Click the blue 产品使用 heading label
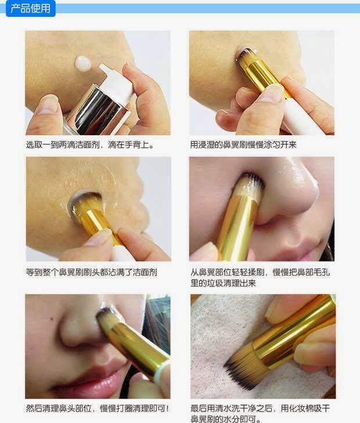pos(31,8)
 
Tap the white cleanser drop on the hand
pos(83,64)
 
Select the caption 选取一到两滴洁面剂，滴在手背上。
pos(90,145)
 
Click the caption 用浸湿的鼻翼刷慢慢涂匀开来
pos(243,145)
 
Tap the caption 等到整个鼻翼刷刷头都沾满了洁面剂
pos(92,272)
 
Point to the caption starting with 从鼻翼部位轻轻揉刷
pos(260,277)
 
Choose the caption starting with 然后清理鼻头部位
pos(98,408)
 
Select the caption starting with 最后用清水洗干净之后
pos(260,413)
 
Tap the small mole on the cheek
pos(52,319)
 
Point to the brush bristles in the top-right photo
pos(246,56)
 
